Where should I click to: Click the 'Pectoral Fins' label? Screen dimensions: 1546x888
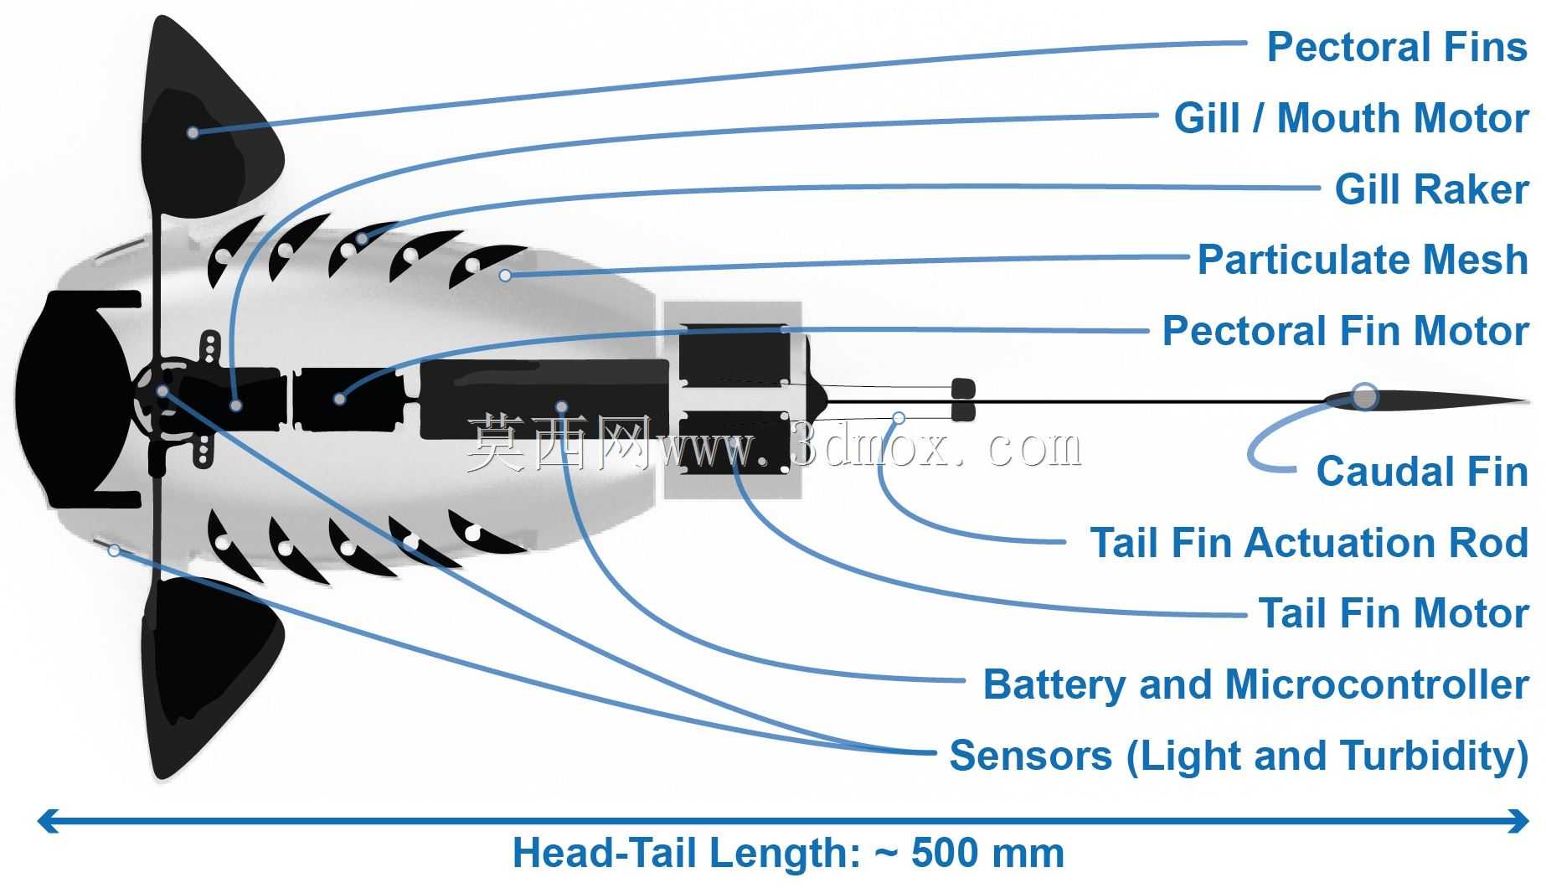(x=1397, y=47)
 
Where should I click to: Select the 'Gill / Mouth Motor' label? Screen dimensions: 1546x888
(x=1351, y=118)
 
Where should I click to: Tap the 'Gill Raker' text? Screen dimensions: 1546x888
(x=1431, y=189)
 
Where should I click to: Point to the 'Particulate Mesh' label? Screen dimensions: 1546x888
(x=1363, y=260)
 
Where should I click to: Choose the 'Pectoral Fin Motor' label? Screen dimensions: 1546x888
(x=1345, y=331)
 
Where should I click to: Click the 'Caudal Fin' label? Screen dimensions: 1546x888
(x=1422, y=472)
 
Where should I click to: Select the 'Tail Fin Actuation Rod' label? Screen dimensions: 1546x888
(x=1309, y=543)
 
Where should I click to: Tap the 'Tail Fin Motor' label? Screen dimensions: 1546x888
(x=1394, y=613)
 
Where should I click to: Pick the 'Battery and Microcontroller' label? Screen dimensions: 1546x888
(x=1255, y=684)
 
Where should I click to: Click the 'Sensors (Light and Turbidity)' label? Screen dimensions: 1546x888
(x=1239, y=756)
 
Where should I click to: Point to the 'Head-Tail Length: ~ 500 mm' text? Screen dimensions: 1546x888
(x=788, y=854)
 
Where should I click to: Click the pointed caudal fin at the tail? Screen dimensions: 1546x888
(x=1424, y=401)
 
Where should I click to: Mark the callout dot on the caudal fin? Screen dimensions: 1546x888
(x=1364, y=396)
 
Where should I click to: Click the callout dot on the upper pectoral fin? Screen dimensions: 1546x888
(x=193, y=132)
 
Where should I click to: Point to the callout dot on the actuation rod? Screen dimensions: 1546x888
(x=899, y=417)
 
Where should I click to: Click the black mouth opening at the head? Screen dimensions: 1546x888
(x=75, y=399)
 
